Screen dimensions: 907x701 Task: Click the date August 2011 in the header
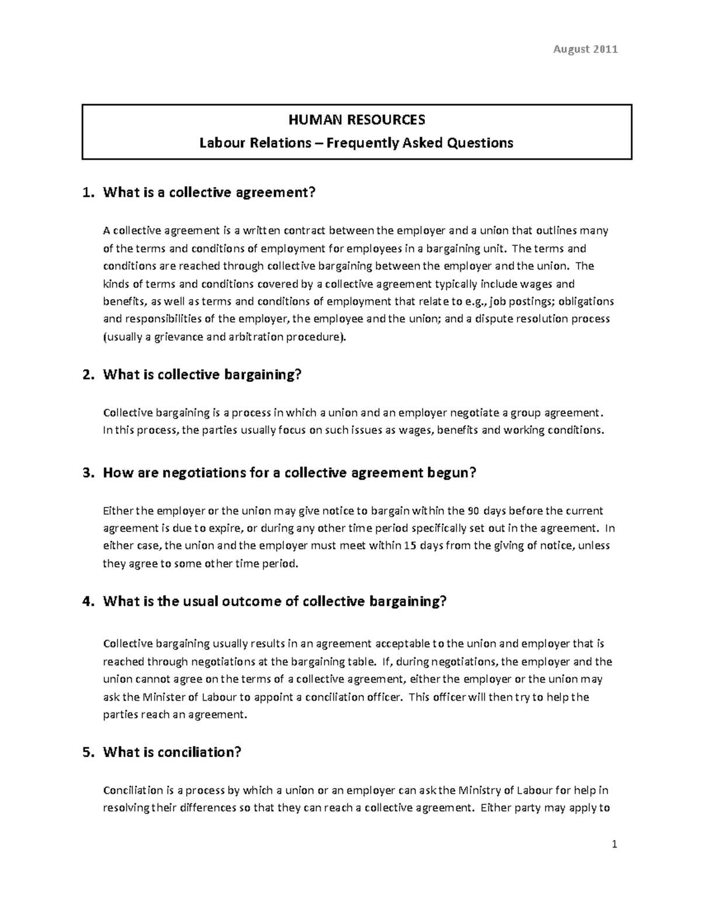tap(585, 49)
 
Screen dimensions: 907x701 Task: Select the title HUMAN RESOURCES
tap(357, 120)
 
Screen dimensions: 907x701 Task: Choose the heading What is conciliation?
tap(172, 752)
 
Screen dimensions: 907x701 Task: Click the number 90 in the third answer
tap(474, 511)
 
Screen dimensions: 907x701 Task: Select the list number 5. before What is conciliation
tap(88, 752)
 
